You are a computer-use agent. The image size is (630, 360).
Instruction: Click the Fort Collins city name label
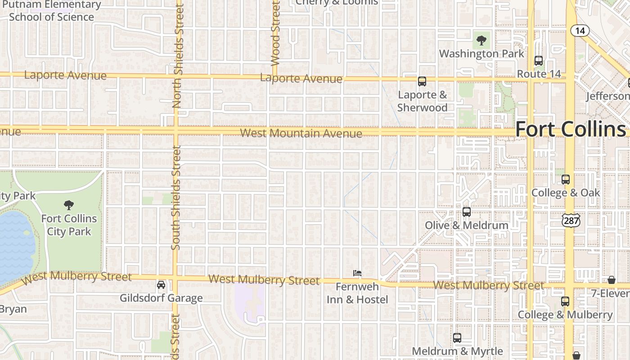pyautogui.click(x=571, y=129)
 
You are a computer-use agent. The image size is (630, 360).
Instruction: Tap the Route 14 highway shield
pyautogui.click(x=580, y=31)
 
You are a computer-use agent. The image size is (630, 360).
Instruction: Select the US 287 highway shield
pyautogui.click(x=571, y=220)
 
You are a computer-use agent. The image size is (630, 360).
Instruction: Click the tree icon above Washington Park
pyautogui.click(x=481, y=40)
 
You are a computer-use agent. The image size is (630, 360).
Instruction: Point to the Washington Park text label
pyautogui.click(x=481, y=54)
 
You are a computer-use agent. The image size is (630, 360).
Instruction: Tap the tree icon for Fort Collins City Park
pyautogui.click(x=69, y=205)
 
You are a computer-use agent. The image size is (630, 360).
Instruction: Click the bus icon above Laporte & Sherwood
pyautogui.click(x=422, y=81)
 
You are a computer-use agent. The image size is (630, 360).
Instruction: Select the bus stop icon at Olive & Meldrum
pyautogui.click(x=467, y=212)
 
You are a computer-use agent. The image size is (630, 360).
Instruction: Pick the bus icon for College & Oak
pyautogui.click(x=566, y=180)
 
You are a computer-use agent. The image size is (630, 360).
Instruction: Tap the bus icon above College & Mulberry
pyautogui.click(x=565, y=301)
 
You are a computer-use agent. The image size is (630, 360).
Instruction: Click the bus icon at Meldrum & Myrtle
pyautogui.click(x=457, y=338)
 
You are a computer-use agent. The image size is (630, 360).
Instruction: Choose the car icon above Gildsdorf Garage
pyautogui.click(x=161, y=285)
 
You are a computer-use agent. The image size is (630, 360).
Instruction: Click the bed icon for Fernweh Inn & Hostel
pyautogui.click(x=357, y=273)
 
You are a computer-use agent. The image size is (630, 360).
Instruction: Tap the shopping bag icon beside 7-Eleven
pyautogui.click(x=612, y=280)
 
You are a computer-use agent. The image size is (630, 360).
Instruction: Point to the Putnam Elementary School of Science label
pyautogui.click(x=52, y=11)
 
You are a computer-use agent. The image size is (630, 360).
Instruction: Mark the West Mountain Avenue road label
pyautogui.click(x=301, y=133)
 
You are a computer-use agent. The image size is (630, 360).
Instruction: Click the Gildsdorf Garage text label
pyautogui.click(x=161, y=298)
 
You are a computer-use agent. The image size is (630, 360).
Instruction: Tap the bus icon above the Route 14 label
pyautogui.click(x=538, y=61)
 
